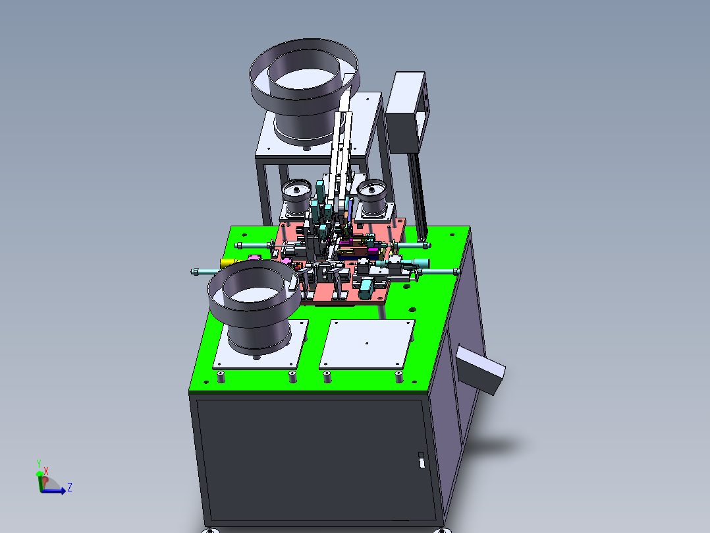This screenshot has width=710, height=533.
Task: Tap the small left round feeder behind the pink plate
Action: tap(296, 197)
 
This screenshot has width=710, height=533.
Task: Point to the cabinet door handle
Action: tap(421, 460)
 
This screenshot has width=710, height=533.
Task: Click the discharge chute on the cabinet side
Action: tap(480, 370)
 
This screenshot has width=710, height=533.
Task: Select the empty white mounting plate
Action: tap(368, 344)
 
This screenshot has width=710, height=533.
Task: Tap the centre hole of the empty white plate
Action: tap(367, 344)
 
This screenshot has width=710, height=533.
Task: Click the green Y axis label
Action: tap(39, 464)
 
